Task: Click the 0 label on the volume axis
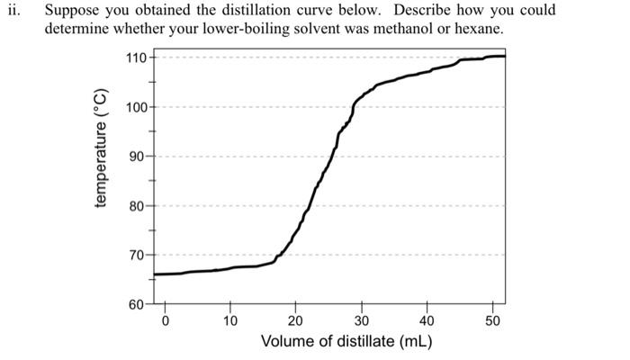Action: pyautogui.click(x=165, y=321)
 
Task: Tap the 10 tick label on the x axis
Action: pyautogui.click(x=230, y=321)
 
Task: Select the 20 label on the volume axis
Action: pyautogui.click(x=296, y=321)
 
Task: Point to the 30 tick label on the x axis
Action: pyautogui.click(x=362, y=321)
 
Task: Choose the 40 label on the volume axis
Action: pyautogui.click(x=427, y=321)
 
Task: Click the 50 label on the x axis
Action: pyautogui.click(x=492, y=321)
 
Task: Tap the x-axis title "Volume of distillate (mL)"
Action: pyautogui.click(x=346, y=343)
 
